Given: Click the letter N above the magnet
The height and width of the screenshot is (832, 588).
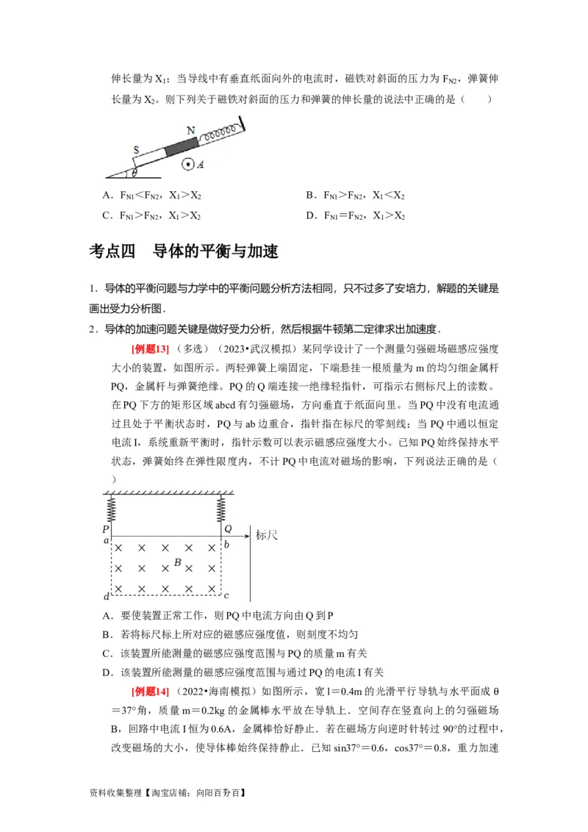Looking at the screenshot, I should [191, 131].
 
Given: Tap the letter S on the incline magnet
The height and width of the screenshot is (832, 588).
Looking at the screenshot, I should [136, 150].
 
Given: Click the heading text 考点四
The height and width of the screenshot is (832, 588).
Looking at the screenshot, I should [112, 252].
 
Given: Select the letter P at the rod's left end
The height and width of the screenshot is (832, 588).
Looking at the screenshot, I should [107, 528].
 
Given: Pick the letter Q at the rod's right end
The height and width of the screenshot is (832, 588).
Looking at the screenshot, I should [227, 528].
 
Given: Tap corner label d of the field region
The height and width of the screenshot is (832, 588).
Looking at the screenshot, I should [107, 595].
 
